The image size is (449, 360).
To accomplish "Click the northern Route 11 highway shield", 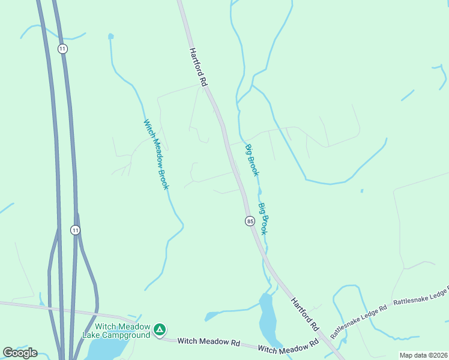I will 62,48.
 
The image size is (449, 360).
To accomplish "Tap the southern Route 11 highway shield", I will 74,230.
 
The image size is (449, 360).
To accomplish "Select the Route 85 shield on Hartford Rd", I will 250,221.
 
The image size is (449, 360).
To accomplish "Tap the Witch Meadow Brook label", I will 156,155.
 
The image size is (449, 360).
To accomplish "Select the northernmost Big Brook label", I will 252,160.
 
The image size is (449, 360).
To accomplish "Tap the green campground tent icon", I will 160,329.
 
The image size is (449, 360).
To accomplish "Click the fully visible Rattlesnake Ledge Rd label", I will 360,319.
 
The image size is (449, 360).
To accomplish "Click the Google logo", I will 20,352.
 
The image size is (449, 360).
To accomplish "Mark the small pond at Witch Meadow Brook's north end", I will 110,37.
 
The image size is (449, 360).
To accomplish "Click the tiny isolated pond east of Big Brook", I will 362,191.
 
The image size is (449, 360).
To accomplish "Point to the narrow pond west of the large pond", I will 212,316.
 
